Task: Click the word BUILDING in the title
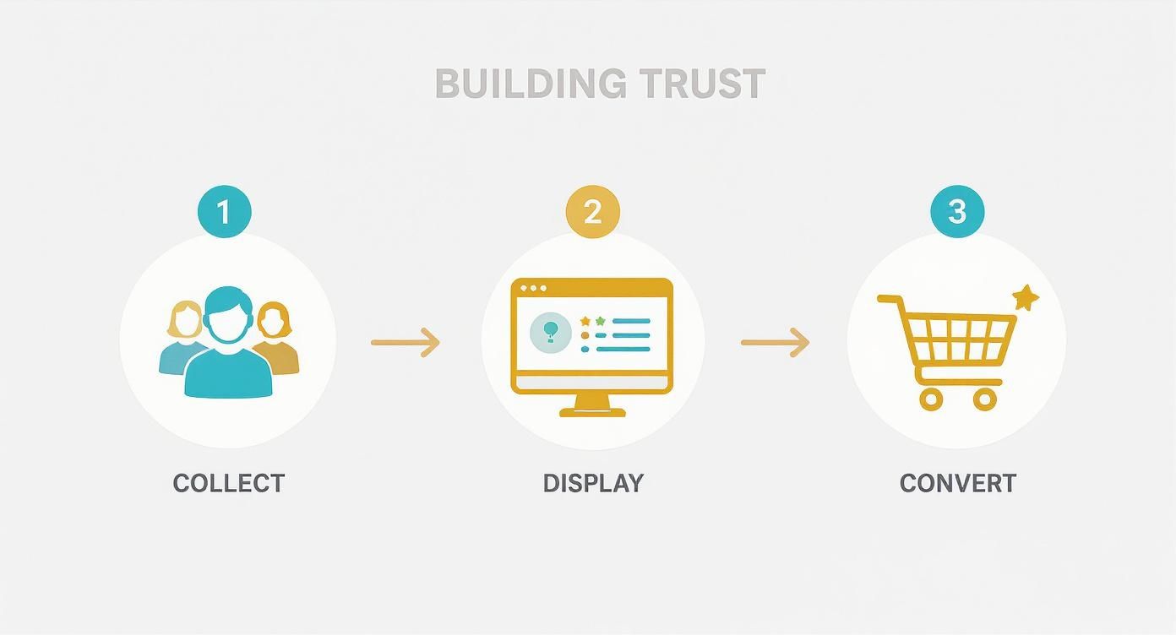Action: [530, 84]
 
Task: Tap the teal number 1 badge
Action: [224, 211]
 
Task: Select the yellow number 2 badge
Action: [592, 211]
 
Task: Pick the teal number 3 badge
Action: [956, 211]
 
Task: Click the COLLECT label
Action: [229, 483]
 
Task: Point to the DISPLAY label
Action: [593, 483]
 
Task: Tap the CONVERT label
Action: [957, 483]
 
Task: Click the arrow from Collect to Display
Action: [406, 342]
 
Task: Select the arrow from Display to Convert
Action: [775, 342]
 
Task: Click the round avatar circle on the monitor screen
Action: [550, 332]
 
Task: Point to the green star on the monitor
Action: [601, 321]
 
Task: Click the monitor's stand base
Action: [592, 411]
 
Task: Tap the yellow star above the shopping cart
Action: [1026, 297]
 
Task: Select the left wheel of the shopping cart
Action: [931, 399]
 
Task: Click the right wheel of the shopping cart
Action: [985, 399]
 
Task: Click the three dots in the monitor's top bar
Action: [533, 289]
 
